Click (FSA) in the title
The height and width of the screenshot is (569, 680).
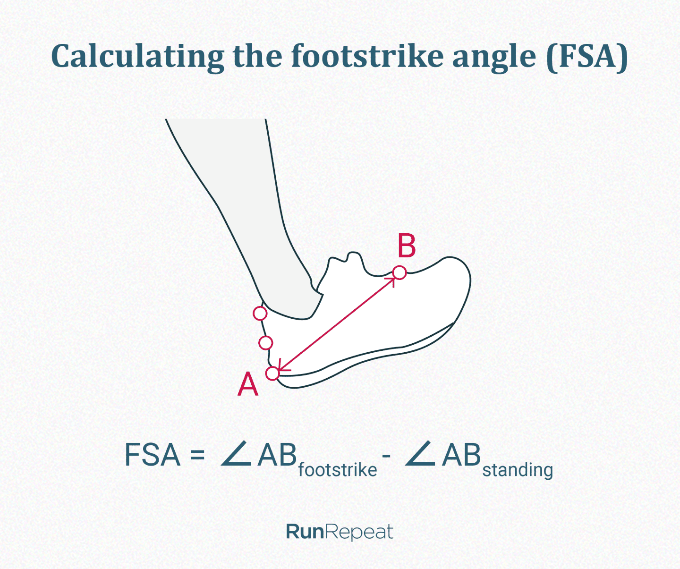point(587,57)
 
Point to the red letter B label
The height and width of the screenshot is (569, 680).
point(407,246)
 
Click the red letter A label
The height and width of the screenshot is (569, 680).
point(248,384)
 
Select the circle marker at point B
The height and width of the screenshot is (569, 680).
point(399,272)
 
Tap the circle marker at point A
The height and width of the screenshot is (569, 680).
point(272,374)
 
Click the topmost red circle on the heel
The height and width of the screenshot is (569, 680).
point(260,313)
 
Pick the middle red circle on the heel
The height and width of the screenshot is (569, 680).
point(266,343)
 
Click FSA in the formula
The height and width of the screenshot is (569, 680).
point(152,455)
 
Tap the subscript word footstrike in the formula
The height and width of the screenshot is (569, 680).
point(338,470)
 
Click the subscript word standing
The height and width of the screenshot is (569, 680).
point(518,470)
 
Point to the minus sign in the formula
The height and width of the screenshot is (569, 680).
point(387,457)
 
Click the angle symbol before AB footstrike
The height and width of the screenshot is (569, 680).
point(236,455)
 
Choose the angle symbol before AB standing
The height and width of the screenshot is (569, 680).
point(420,455)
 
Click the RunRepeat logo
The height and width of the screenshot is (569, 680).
point(340,532)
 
